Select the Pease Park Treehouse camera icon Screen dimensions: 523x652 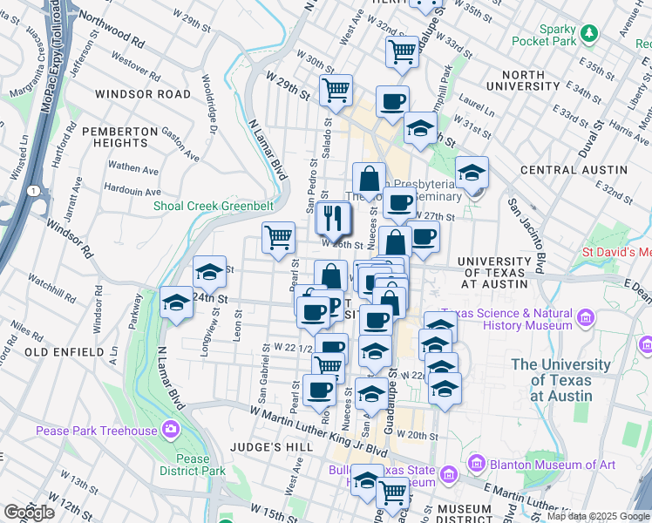click(x=170, y=430)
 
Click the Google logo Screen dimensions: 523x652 click(x=29, y=513)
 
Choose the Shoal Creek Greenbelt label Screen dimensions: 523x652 click(x=214, y=206)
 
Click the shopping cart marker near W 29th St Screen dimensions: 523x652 click(x=336, y=89)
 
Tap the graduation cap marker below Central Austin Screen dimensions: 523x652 click(x=472, y=172)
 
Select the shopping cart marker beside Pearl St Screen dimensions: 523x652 click(x=279, y=236)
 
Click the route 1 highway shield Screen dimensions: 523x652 click(x=32, y=190)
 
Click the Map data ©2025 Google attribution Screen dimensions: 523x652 click(x=597, y=516)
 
